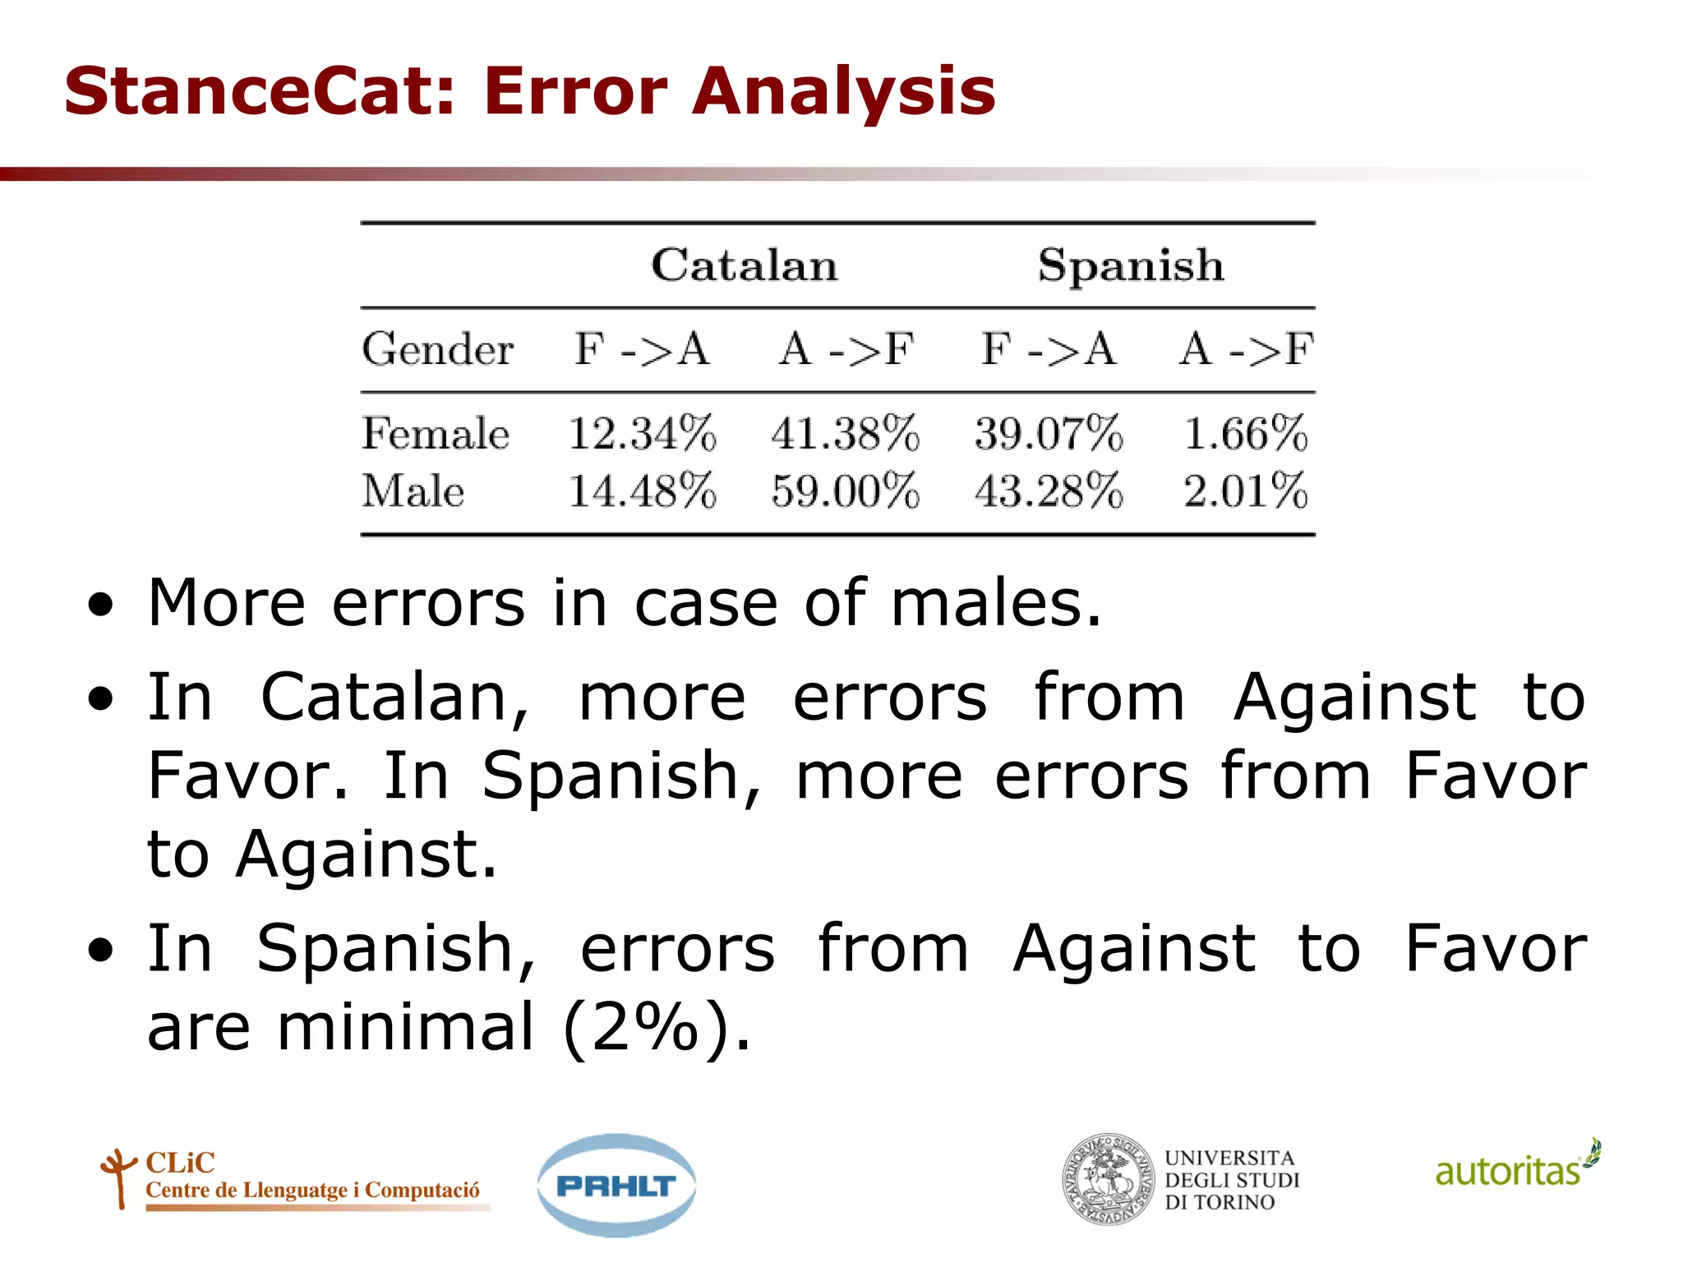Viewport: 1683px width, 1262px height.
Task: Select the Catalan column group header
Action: tap(745, 265)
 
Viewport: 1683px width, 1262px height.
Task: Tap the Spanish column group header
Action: tap(1131, 265)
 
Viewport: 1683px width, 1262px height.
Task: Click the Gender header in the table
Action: tap(438, 349)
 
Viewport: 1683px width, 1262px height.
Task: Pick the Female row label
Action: tap(436, 433)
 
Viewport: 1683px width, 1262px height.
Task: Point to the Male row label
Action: tap(413, 491)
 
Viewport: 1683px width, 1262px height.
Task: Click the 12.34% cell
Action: tap(642, 433)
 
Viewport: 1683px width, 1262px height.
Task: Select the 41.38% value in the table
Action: tap(845, 433)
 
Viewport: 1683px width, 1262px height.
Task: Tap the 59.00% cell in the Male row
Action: tap(845, 491)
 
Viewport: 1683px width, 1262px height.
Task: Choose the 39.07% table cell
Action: tap(1049, 433)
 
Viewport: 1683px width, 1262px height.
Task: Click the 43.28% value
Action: tap(1049, 491)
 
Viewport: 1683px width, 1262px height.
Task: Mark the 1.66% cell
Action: tap(1245, 433)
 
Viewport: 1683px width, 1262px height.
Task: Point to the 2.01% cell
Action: tap(1245, 491)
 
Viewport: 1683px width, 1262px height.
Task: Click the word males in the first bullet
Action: tap(995, 604)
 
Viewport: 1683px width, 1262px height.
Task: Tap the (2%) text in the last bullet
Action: tap(655, 1027)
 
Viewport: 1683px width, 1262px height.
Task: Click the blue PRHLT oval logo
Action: tap(616, 1186)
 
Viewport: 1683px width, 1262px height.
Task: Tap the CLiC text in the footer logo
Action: tap(180, 1163)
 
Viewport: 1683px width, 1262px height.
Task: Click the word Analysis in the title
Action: tap(844, 91)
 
